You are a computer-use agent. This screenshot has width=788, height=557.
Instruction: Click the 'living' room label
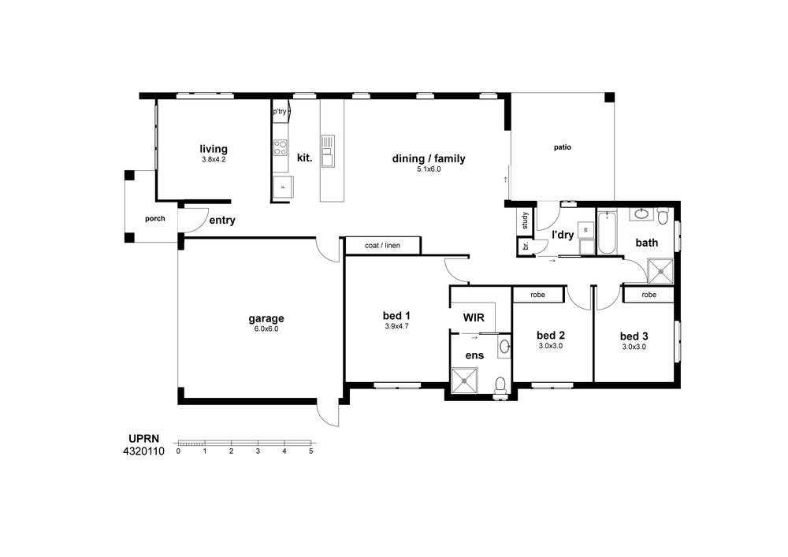point(214,149)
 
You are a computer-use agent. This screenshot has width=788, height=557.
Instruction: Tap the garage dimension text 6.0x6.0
point(266,329)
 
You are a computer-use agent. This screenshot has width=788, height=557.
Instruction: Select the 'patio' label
point(563,147)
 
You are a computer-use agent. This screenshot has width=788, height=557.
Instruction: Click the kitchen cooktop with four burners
point(281,147)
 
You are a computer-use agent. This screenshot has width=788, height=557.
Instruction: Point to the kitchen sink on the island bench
point(328,150)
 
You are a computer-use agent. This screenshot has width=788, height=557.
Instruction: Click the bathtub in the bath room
point(607,233)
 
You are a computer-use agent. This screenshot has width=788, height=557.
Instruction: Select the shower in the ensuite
point(464,381)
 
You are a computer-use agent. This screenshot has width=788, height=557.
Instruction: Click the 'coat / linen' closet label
point(382,246)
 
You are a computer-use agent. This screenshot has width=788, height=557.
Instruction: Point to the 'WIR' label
point(474,317)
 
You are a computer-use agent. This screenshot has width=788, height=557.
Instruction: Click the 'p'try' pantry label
point(280,112)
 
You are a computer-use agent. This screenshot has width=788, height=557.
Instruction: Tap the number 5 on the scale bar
point(310,451)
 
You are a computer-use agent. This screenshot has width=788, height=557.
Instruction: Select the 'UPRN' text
point(143,439)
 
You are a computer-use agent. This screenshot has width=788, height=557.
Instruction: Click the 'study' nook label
point(525,221)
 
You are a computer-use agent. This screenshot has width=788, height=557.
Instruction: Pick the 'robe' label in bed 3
point(649,295)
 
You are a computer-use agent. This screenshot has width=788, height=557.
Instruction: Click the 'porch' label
point(154,218)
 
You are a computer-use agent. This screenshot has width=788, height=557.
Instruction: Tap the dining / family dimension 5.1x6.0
point(429,169)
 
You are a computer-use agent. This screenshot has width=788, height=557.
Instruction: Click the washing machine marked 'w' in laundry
point(585,230)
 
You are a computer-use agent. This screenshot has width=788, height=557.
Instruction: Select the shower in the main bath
point(660,271)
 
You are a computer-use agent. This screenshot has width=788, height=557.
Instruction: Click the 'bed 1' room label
point(396,315)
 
